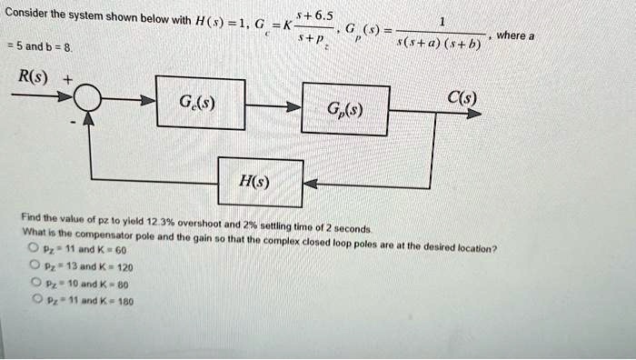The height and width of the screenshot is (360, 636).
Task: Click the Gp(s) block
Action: (x=346, y=110)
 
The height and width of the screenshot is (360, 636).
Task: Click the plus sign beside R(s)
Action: (x=67, y=80)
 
